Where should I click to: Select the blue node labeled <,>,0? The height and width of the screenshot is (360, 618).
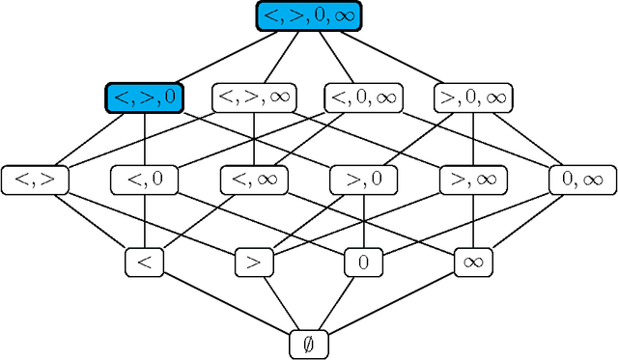tap(145, 97)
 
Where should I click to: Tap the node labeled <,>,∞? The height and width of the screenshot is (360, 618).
tap(254, 97)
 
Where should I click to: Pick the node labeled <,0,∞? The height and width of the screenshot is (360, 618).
tap(364, 97)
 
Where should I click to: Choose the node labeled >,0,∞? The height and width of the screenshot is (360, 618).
tap(473, 97)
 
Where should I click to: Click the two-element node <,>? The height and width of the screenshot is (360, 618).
tap(34, 179)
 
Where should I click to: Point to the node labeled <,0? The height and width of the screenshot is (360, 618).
tap(145, 179)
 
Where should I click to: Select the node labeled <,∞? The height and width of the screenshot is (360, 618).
tap(254, 179)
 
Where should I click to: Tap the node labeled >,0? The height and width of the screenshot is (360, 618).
tap(364, 179)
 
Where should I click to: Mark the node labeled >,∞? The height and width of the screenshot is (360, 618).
tap(473, 179)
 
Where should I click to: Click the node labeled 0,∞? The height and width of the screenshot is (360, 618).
tap(582, 179)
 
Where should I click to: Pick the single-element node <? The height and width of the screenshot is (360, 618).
tap(145, 261)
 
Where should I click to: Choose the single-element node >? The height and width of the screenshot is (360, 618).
tap(254, 261)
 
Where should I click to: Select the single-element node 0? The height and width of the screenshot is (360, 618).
tap(364, 261)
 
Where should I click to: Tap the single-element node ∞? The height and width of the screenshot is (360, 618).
tap(473, 261)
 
